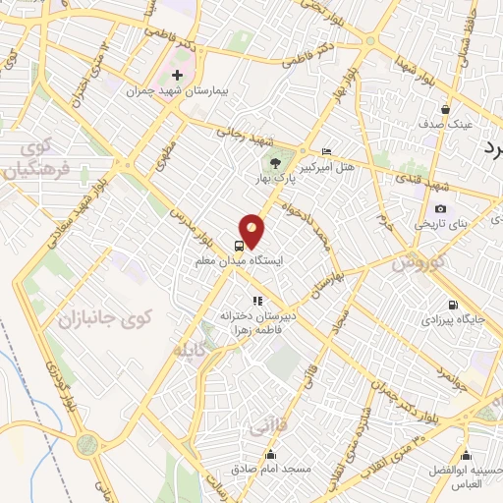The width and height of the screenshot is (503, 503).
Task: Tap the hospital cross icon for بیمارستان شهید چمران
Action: pyautogui.click(x=177, y=76)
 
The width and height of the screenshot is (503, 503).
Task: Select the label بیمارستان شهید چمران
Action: pyautogui.click(x=178, y=91)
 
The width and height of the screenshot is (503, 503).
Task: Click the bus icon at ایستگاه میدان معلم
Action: pyautogui.click(x=240, y=246)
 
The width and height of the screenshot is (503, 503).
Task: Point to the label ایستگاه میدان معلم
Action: pyautogui.click(x=242, y=262)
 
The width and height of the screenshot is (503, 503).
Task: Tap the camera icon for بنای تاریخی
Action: pyautogui.click(x=441, y=208)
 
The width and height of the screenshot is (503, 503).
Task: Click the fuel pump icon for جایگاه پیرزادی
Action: pyautogui.click(x=453, y=305)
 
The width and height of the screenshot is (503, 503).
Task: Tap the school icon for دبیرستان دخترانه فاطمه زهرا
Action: pyautogui.click(x=256, y=302)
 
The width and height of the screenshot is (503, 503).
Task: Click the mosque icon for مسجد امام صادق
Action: pyautogui.click(x=271, y=455)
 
